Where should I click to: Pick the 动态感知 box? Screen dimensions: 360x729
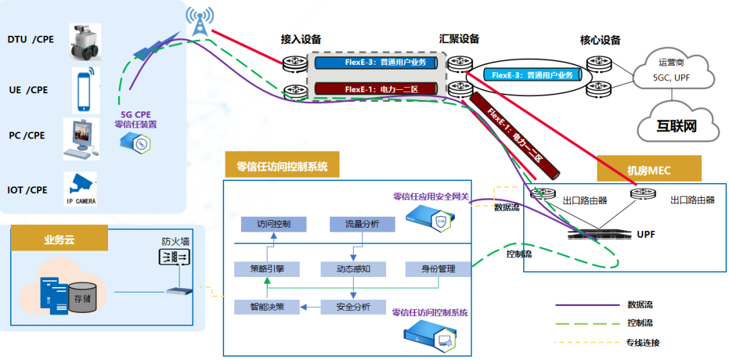pos(353,269)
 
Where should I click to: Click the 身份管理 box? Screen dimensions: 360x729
pos(438,269)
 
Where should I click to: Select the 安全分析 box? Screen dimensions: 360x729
pos(353,307)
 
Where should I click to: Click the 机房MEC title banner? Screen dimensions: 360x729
pos(650,169)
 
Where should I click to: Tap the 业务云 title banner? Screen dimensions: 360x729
pos(59,238)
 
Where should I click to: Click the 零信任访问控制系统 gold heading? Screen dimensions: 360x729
pos(281,165)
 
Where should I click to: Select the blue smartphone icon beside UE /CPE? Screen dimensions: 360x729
pos(83,89)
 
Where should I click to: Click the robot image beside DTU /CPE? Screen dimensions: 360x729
pos(85,43)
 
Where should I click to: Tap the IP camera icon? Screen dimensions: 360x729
pos(80,186)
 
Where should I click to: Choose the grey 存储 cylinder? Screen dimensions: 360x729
pos(82,298)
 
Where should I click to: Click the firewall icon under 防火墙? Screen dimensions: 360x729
pos(175,257)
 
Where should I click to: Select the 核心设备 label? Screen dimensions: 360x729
pos(600,40)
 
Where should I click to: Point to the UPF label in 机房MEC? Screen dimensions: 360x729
pos(645,234)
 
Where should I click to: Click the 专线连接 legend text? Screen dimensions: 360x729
pos(643,342)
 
